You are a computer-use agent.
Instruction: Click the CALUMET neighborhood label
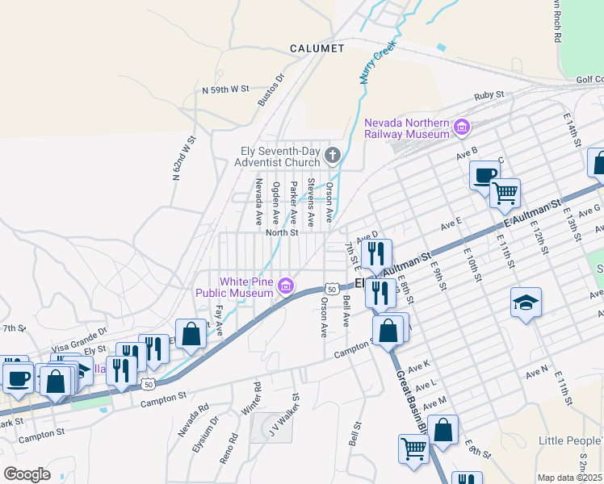(317, 48)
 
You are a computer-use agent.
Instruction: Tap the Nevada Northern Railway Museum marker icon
(462, 127)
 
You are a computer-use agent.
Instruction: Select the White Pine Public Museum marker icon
(285, 286)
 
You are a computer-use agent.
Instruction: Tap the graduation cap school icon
(526, 302)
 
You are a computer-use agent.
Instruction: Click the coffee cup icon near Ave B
(484, 175)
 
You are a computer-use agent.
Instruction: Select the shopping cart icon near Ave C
(505, 192)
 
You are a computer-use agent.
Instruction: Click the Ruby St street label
(489, 95)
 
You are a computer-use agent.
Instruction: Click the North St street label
(283, 232)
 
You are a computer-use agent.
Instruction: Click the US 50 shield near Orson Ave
(330, 288)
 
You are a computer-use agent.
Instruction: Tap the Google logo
(27, 474)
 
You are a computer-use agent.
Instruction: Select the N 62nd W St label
(184, 159)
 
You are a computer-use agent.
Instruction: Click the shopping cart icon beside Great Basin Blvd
(413, 448)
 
